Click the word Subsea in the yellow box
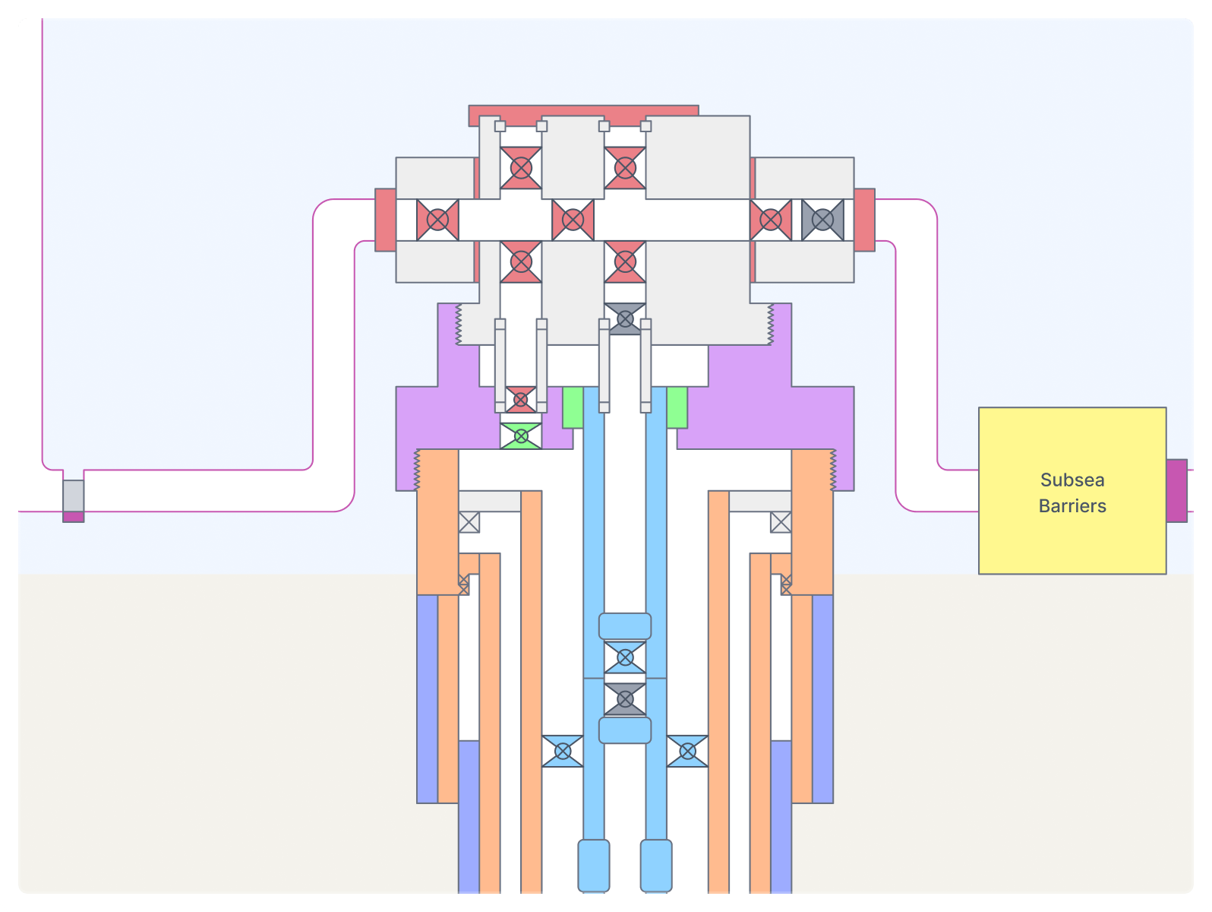[1072, 480]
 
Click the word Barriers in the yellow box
[1072, 506]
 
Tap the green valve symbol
[521, 436]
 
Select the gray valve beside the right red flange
[822, 220]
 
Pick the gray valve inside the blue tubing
[624, 699]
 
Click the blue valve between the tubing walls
[624, 657]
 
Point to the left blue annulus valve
[562, 751]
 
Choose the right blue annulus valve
[687, 751]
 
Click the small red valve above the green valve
[520, 399]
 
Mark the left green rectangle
[573, 407]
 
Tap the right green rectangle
[677, 407]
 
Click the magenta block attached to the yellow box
[1176, 490]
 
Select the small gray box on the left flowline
[74, 496]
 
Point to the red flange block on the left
[386, 220]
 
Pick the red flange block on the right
[864, 220]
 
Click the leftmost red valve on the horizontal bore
[437, 220]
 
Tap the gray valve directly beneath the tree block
[624, 318]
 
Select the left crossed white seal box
[469, 522]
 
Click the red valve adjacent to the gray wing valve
[770, 220]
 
